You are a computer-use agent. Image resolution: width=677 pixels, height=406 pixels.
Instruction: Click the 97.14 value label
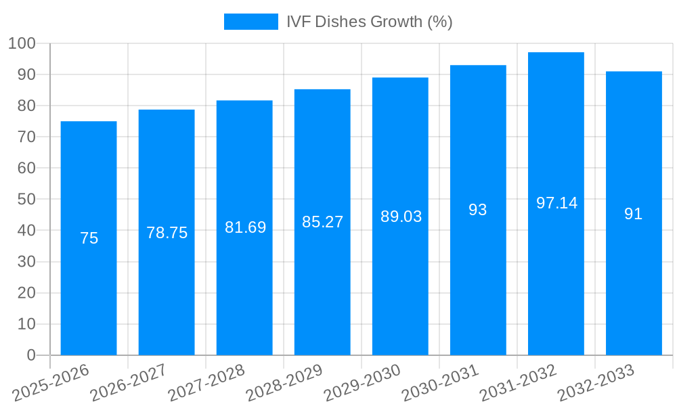(x=556, y=203)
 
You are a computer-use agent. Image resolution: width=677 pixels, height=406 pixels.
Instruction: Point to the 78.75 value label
(x=167, y=233)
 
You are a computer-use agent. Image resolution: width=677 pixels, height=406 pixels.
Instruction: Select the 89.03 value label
(x=401, y=217)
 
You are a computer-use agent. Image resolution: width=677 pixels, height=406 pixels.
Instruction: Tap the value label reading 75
(x=89, y=238)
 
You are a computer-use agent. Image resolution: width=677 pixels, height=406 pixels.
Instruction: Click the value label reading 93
(x=478, y=210)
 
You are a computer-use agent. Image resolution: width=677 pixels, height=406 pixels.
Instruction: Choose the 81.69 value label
(x=245, y=227)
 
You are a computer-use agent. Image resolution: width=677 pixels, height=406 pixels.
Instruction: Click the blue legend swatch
(x=250, y=22)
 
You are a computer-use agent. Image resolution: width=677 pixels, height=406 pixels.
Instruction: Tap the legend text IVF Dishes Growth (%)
(x=369, y=22)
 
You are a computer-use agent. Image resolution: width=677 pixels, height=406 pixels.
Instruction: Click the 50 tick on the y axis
(x=26, y=200)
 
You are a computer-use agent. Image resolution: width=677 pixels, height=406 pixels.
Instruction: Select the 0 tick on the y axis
(x=31, y=355)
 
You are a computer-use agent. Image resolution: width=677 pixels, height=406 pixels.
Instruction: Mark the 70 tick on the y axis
(x=26, y=137)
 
